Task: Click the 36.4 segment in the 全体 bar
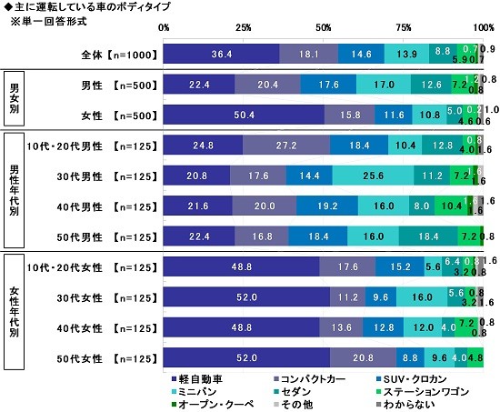tap(222, 54)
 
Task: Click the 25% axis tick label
tap(245, 26)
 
